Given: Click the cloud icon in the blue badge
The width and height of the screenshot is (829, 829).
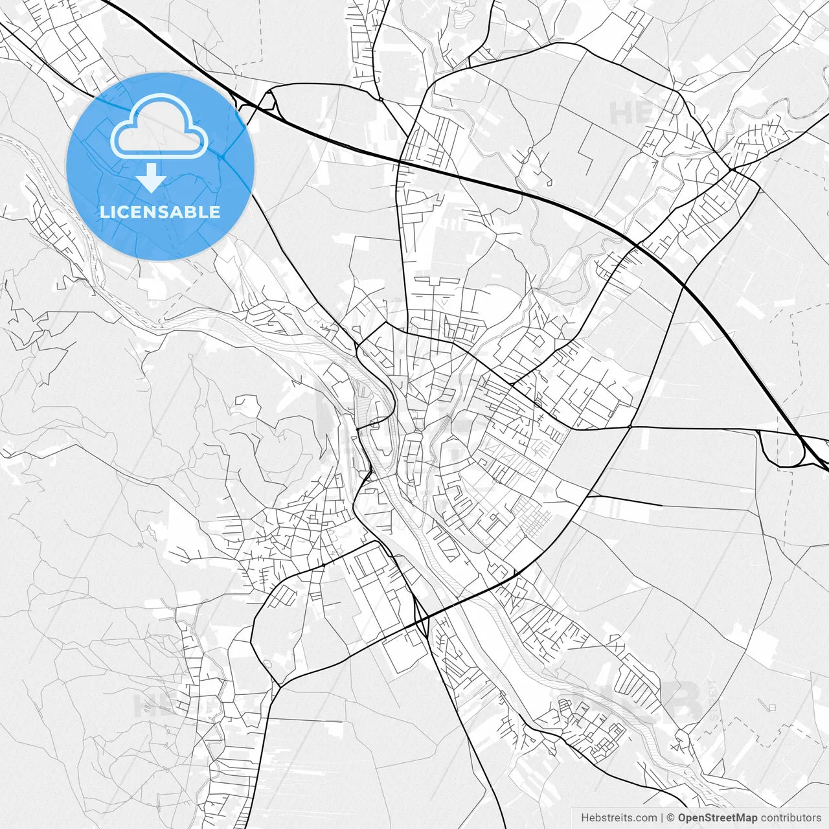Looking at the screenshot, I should click(x=159, y=126).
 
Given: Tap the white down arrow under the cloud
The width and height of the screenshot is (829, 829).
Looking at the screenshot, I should click(x=152, y=177).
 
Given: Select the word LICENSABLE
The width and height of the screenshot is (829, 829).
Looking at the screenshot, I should click(x=160, y=212).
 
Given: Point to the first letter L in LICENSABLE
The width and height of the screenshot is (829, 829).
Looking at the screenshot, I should click(x=104, y=212).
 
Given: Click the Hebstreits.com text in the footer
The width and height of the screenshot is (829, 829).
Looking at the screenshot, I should click(x=619, y=817).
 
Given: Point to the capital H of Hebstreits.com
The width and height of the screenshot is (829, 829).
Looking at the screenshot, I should click(x=585, y=817).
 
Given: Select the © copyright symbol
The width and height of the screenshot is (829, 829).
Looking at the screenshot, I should click(x=671, y=817).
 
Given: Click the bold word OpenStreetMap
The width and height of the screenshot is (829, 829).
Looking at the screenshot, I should click(x=718, y=817).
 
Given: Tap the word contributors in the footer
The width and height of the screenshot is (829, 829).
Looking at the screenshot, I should click(x=791, y=817).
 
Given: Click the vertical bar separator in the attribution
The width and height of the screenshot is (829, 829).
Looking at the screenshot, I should click(x=662, y=817).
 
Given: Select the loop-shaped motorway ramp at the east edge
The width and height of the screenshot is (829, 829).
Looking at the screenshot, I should click(x=782, y=448).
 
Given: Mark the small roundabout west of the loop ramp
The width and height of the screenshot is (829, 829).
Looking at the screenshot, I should click(x=630, y=427).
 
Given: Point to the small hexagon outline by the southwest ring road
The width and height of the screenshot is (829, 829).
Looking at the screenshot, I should click(x=267, y=664).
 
